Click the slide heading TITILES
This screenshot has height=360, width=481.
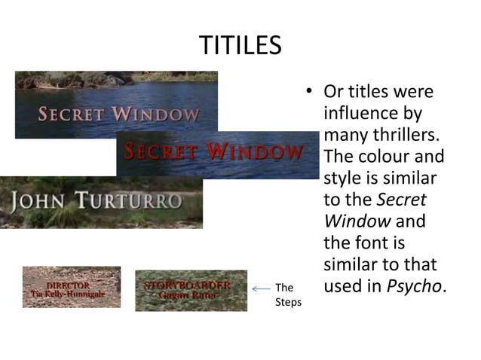tap(240, 46)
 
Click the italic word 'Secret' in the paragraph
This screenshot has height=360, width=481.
tap(401, 200)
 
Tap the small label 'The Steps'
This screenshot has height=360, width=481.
tap(288, 294)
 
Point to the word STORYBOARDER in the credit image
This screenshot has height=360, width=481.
tap(186, 285)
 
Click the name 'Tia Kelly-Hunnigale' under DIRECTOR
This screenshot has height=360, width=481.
tap(71, 294)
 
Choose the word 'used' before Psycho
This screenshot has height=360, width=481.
tap(345, 287)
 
